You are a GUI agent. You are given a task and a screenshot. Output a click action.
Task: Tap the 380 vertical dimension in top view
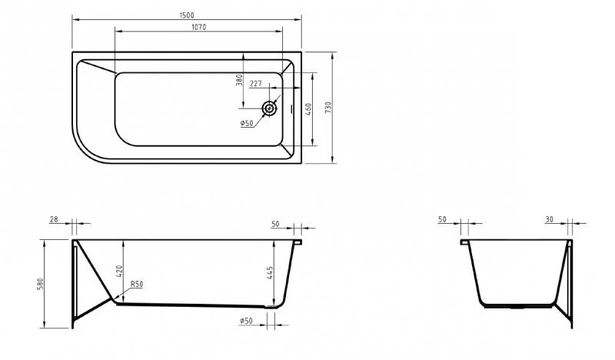239,80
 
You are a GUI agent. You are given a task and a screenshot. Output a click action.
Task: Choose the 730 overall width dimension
328,108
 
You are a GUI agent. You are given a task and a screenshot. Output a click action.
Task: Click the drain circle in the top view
270,108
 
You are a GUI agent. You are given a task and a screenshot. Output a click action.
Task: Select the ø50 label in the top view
247,123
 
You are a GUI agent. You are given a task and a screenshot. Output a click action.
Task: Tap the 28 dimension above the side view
54,220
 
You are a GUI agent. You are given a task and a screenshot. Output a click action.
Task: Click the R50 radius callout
136,285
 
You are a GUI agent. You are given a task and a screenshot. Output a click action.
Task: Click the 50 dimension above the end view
442,220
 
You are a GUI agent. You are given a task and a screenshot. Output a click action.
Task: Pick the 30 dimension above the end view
549,220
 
